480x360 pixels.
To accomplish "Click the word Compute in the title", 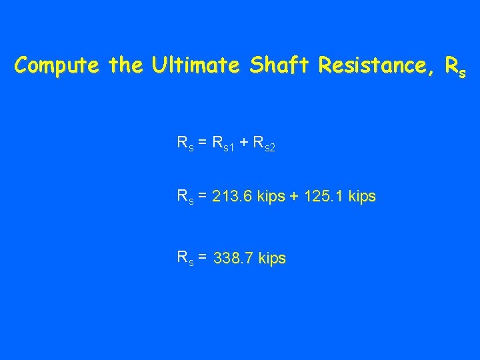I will pyautogui.click(x=55, y=66).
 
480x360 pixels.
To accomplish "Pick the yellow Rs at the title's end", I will pyautogui.click(x=455, y=67).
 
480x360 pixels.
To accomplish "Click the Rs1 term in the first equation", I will pyautogui.click(x=223, y=143).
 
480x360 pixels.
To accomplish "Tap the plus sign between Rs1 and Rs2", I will pyautogui.click(x=244, y=142).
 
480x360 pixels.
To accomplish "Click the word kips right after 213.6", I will pyautogui.click(x=272, y=197).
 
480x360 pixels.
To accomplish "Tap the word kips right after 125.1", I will pyautogui.click(x=361, y=197).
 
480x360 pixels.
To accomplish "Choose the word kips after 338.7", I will pyautogui.click(x=272, y=259).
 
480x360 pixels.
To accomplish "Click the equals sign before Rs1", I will pyautogui.click(x=201, y=142).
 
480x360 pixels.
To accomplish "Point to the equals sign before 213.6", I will pyautogui.click(x=201, y=196).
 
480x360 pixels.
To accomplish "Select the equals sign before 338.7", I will pyautogui.click(x=201, y=257).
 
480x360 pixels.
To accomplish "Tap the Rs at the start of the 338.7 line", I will pyautogui.click(x=184, y=258).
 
